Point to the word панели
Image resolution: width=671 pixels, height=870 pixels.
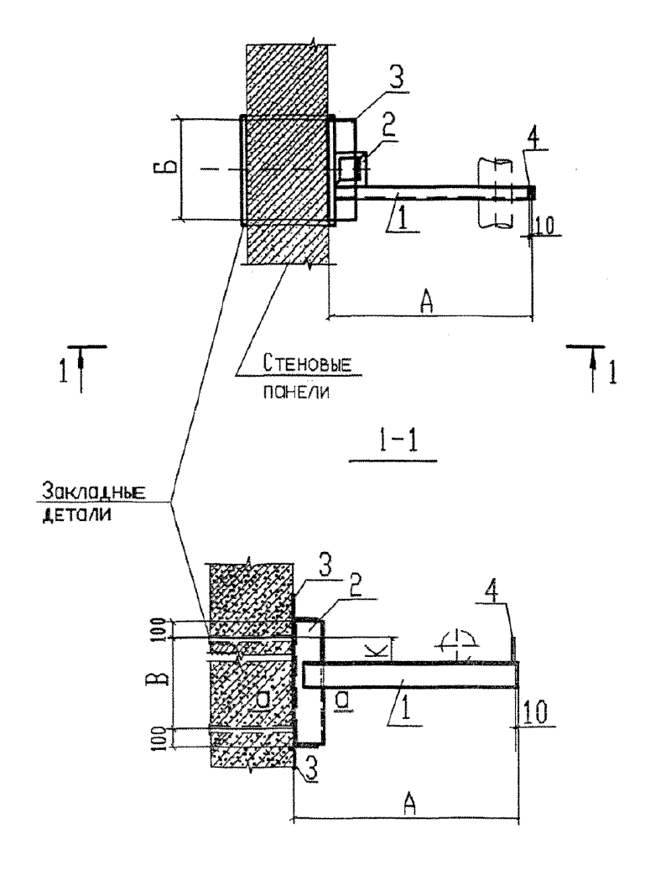[x=295, y=392]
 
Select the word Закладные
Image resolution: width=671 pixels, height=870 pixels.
[x=94, y=492]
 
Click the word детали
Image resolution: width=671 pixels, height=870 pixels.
[x=77, y=515]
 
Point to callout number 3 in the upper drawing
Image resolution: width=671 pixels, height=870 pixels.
[x=396, y=79]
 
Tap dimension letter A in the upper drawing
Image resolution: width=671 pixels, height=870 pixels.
[x=426, y=302]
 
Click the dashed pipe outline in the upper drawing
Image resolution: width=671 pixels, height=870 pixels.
[x=494, y=192]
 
